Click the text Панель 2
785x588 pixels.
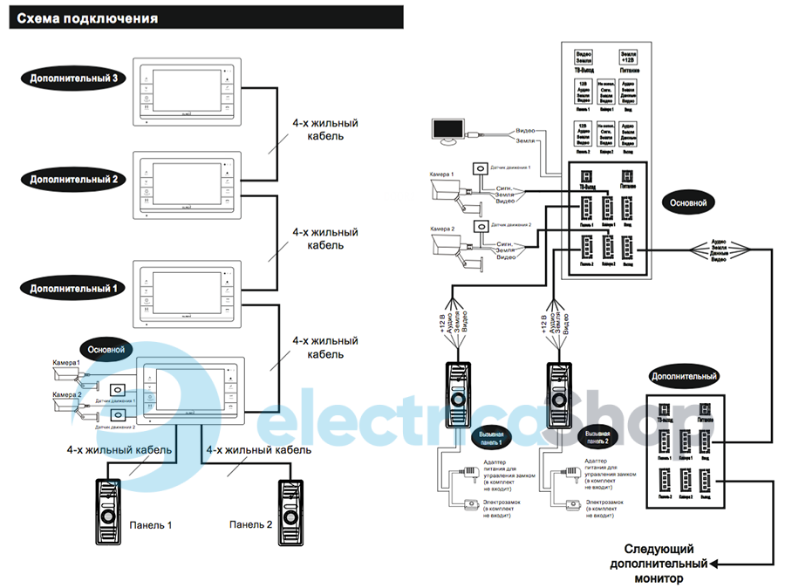pos(251,524)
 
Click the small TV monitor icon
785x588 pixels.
pos(449,132)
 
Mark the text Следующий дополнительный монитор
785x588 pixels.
pos(659,564)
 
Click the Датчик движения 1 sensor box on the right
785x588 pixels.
pos(479,169)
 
